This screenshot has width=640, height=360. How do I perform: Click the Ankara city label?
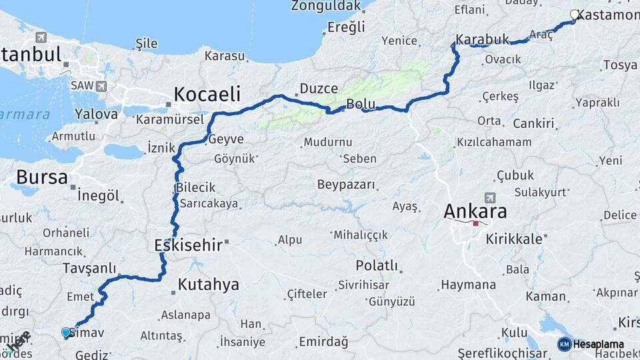click(x=475, y=211)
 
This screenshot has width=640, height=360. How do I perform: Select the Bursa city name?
click(x=41, y=177)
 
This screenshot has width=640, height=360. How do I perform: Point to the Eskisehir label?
click(x=188, y=245)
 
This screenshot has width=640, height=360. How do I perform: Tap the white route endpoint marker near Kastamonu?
click(x=575, y=15)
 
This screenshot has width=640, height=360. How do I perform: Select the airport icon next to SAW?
click(x=101, y=86)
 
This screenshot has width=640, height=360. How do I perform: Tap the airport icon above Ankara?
click(x=491, y=198)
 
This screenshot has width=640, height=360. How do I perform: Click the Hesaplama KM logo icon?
click(x=564, y=344)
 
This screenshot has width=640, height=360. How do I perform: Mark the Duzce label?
click(x=319, y=88)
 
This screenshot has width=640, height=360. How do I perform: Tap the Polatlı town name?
click(x=377, y=266)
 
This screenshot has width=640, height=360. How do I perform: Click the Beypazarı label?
click(x=345, y=185)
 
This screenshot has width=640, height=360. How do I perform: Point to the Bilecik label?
click(x=196, y=188)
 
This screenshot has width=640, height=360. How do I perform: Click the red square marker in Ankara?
click(x=475, y=224)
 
